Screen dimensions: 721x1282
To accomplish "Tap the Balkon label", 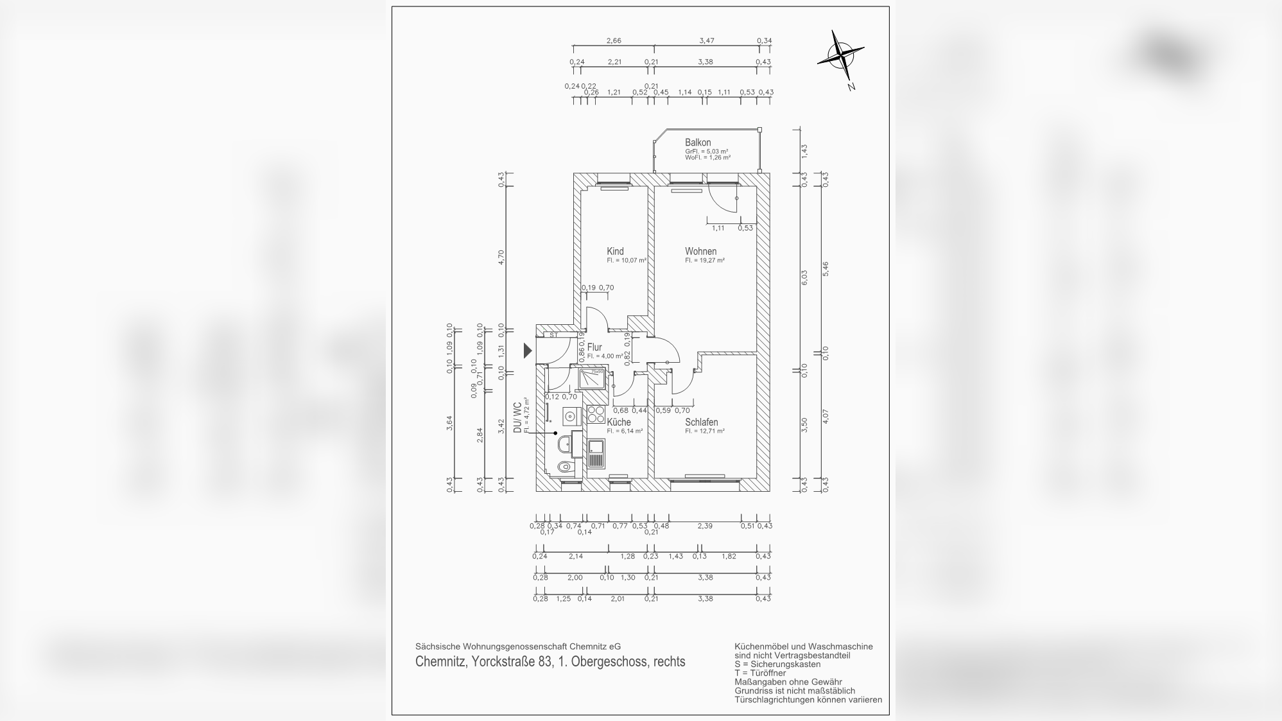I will [x=697, y=143].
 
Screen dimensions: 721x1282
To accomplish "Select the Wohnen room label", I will [x=700, y=252].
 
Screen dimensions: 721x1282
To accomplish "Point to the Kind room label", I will [x=615, y=252].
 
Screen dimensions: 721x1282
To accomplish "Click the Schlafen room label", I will [x=701, y=422].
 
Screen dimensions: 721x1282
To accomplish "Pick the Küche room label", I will [x=619, y=422].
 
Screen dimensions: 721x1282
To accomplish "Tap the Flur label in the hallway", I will [x=594, y=347].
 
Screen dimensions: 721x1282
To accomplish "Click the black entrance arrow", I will [x=528, y=351].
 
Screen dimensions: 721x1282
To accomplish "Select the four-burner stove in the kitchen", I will [x=596, y=413].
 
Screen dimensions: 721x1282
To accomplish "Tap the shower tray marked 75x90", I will [x=593, y=379].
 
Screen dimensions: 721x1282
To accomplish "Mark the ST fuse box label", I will [x=553, y=335].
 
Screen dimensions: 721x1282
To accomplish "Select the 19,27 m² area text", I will [x=705, y=261].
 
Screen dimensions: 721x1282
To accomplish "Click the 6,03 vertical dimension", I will [x=804, y=277].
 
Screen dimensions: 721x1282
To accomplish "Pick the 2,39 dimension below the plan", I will [x=705, y=526].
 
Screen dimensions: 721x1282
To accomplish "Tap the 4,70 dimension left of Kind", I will [x=501, y=256].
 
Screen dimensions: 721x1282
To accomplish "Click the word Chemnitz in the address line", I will [x=440, y=662].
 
